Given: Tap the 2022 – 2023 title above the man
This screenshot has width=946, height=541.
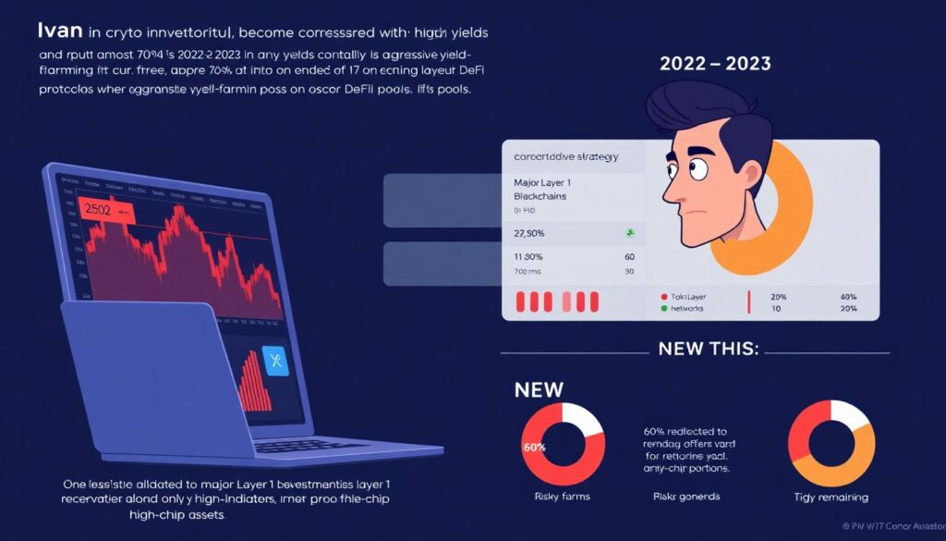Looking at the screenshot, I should coord(716,64).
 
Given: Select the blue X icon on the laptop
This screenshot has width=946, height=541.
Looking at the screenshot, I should coord(276,360).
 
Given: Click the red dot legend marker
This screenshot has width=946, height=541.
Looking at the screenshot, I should coord(664,297).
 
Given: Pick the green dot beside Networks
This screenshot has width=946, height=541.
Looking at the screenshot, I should coord(664,308).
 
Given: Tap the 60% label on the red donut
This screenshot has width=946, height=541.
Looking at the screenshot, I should coord(535,448).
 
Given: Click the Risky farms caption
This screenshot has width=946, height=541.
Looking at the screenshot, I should coord(563,497).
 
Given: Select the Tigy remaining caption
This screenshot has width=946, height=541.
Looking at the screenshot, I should coord(830,498).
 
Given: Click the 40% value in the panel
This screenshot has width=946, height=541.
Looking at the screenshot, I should coord(848,297).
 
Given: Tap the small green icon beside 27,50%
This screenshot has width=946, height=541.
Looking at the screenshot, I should coord(629,232).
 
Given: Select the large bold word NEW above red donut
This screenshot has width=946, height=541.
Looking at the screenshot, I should coord(539,389).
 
